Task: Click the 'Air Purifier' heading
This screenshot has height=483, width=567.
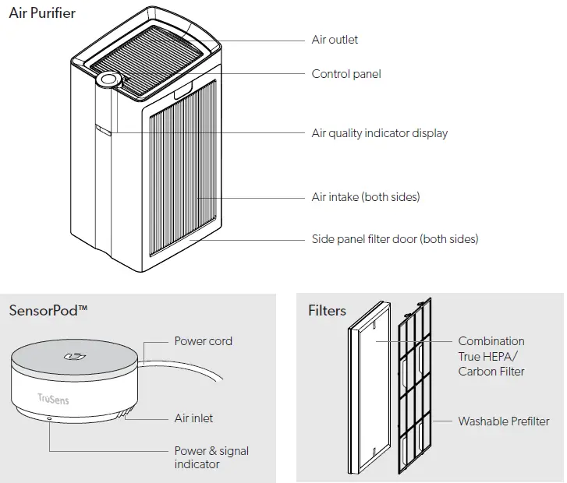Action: point(42,13)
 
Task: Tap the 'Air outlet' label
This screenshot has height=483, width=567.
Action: point(335,40)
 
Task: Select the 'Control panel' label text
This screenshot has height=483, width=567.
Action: point(346,74)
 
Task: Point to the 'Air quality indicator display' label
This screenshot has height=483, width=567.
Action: point(379,133)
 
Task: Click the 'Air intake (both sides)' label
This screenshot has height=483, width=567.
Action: point(365,197)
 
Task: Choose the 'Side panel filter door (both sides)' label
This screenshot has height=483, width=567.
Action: point(395,238)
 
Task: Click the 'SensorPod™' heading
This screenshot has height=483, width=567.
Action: point(48,310)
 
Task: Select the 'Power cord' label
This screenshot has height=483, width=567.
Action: point(203,341)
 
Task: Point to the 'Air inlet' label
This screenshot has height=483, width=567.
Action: point(193,418)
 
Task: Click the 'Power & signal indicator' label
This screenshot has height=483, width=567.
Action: point(211,457)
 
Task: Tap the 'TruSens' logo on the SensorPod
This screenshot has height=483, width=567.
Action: point(53,398)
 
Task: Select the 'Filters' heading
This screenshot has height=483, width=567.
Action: point(327,311)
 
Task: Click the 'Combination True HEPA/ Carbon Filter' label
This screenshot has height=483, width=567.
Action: point(491,356)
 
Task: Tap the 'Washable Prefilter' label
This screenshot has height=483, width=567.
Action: point(503,421)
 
